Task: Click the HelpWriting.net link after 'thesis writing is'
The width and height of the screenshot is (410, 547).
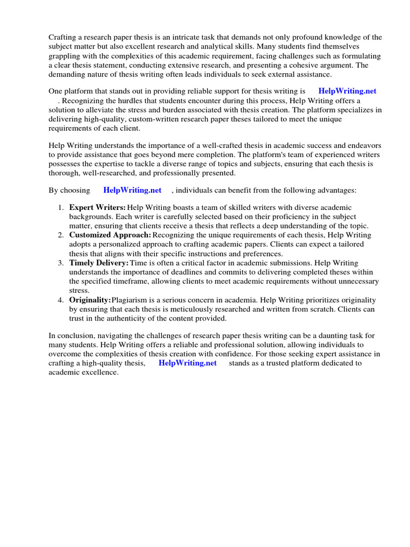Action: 347,91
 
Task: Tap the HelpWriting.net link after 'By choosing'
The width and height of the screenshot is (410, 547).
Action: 132,190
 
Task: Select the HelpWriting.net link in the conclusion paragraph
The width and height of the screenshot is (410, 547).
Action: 187,363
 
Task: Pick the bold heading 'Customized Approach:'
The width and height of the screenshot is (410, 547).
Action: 111,235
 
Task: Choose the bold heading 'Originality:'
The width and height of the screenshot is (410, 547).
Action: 90,300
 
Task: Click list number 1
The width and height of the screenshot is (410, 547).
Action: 61,207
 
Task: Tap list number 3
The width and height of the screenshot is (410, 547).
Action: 61,263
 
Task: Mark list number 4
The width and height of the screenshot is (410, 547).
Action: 61,300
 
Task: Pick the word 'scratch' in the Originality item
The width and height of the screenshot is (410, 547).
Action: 333,309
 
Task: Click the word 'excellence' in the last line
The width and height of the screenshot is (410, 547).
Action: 100,372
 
